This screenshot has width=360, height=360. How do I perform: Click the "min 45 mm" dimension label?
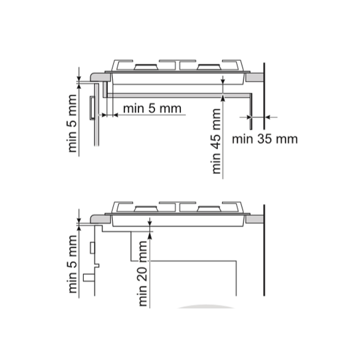216,141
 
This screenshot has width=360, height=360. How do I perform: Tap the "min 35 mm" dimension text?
265,139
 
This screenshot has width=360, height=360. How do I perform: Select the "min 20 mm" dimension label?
143,273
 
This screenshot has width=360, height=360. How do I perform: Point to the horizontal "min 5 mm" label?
152,108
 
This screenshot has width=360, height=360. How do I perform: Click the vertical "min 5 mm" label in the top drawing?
72,123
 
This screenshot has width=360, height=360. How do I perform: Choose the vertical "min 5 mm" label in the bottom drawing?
72,264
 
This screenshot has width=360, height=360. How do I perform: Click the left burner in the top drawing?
146,67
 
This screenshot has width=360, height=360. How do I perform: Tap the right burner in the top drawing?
209,67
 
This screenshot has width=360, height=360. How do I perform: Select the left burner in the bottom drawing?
146,209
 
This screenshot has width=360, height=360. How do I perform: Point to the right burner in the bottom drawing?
209,209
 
